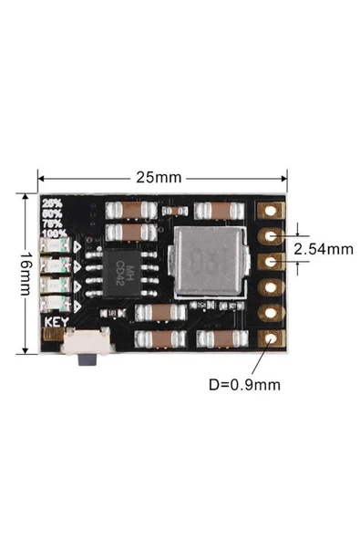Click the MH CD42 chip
[x=129, y=271]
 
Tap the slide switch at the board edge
[x=86, y=351]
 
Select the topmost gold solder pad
[x=271, y=212]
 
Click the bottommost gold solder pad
[x=271, y=340]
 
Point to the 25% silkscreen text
[x=52, y=202]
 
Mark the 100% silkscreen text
[x=54, y=234]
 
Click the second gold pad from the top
[x=271, y=237]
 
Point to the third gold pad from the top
[x=271, y=263]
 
